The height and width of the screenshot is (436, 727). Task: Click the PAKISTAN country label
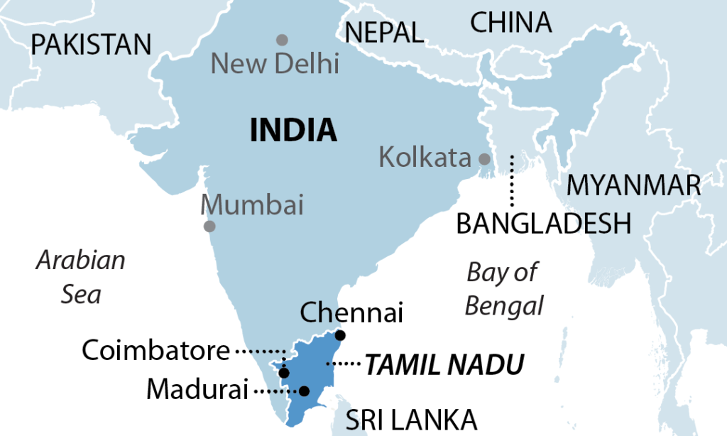92,45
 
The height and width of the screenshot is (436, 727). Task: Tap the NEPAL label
383,32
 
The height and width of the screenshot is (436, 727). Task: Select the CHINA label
510,23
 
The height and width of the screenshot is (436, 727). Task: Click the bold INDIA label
293,130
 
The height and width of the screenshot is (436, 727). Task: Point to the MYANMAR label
633,185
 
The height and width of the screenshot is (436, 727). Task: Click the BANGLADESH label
543,224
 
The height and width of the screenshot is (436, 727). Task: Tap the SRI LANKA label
410,420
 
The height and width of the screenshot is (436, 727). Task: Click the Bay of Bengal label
503,288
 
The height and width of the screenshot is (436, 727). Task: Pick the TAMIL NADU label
444,365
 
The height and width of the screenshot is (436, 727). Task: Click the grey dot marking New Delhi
283,40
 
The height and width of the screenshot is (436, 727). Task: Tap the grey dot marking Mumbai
209,227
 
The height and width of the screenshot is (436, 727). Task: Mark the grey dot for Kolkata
485,158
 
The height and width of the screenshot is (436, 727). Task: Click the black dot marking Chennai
341,335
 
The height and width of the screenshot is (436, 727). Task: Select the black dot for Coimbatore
284,373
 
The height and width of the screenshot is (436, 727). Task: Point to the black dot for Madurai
304,391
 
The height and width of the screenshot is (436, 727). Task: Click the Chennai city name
351,312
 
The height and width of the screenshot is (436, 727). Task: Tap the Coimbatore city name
156,350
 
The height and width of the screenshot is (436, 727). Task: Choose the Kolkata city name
425,157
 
